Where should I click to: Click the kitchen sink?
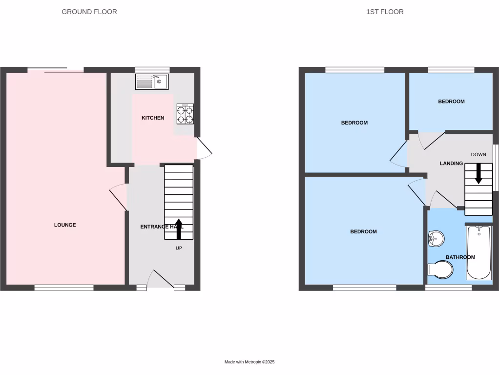pos(152,82)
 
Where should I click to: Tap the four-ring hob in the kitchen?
pos(185,113)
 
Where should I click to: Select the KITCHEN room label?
pos(153,118)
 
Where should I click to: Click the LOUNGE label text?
pos(65,225)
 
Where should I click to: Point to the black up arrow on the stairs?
pos(178,229)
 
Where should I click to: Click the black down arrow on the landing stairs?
pos(479,173)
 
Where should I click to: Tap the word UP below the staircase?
pos(179,248)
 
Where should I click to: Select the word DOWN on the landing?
pos(479,155)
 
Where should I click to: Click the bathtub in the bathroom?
pos(479,251)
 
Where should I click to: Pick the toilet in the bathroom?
pos(440,270)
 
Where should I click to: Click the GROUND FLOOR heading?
pos(89,12)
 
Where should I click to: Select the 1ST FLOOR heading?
pos(385,12)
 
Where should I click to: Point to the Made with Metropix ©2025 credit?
pos(250,362)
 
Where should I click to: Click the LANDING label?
pos(451,164)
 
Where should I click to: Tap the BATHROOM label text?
pos(460,257)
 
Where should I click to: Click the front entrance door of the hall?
pos(162,280)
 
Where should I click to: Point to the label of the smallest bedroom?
pos(451,102)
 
